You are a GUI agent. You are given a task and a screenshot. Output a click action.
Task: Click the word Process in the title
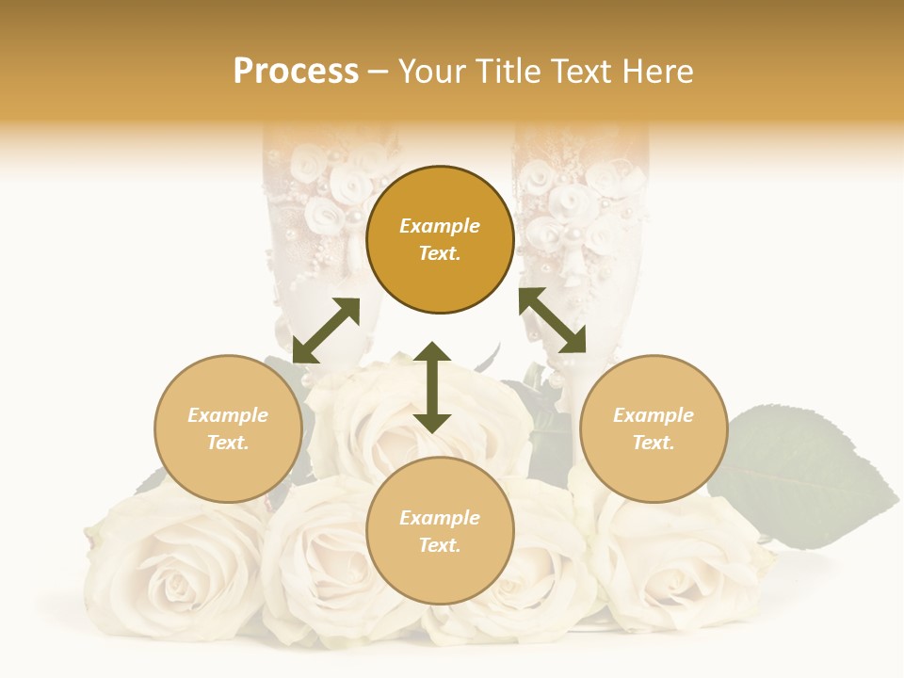click(296, 72)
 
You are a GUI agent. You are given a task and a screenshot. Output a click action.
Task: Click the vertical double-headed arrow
click(432, 387)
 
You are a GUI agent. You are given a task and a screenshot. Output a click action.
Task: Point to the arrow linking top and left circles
click(326, 331)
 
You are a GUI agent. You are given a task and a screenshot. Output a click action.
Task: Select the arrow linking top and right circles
click(552, 320)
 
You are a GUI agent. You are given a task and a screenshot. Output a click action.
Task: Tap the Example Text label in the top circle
click(440, 239)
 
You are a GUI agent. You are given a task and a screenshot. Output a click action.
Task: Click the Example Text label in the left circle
click(228, 428)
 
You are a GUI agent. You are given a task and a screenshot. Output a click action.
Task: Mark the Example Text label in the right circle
click(654, 428)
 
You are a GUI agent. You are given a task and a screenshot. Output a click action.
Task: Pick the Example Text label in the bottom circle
click(440, 531)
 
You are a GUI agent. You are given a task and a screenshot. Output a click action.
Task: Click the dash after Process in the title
click(379, 72)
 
